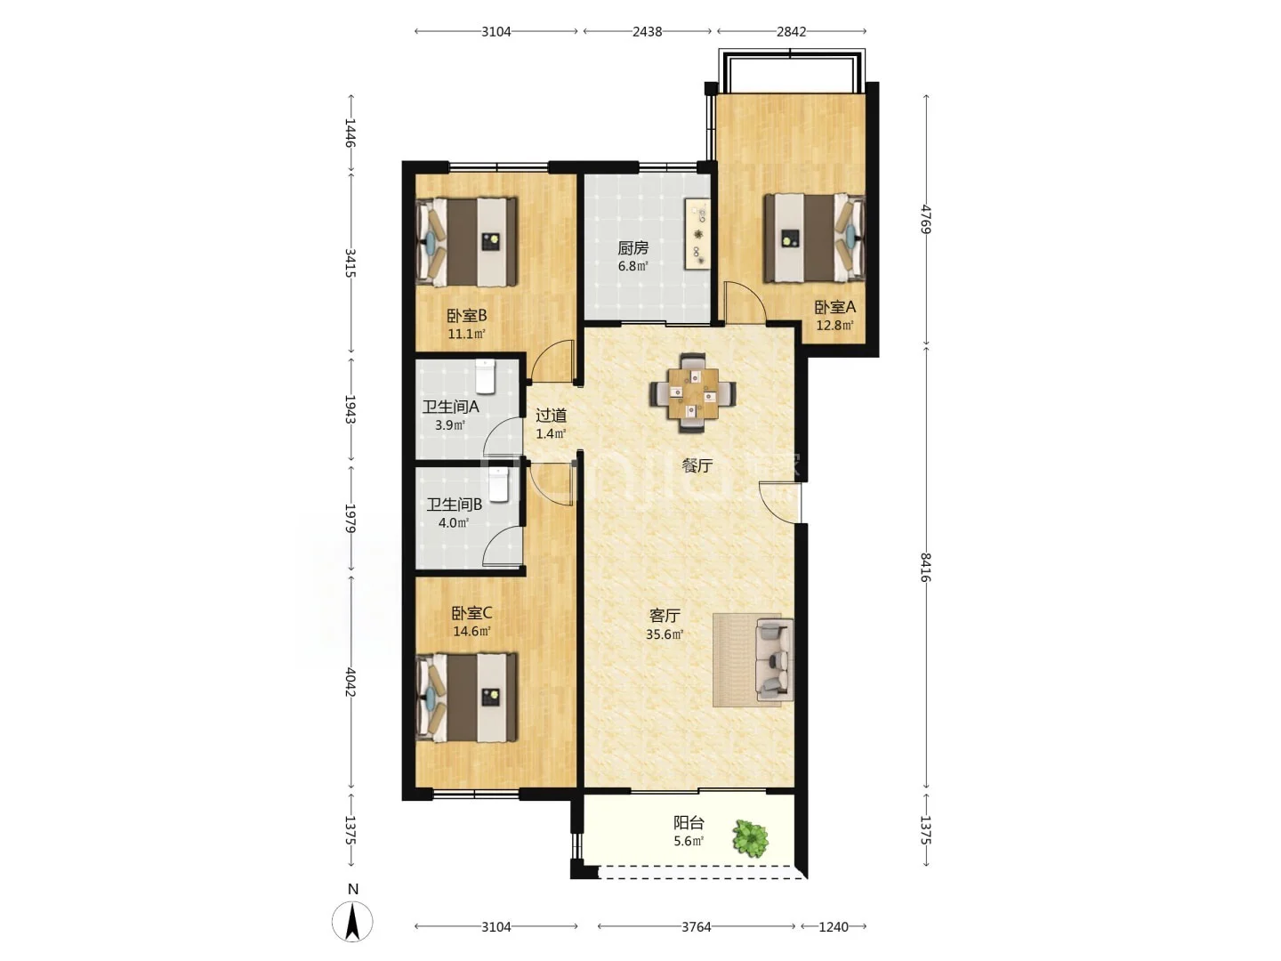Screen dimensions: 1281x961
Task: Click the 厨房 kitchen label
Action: click(x=632, y=248)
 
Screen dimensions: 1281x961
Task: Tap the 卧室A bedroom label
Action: click(x=834, y=307)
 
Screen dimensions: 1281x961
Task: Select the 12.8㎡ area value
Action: click(x=834, y=326)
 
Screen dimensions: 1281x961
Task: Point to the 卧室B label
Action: click(x=467, y=316)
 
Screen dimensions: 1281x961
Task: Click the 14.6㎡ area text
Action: click(x=471, y=632)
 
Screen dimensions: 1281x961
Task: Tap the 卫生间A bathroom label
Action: click(x=450, y=407)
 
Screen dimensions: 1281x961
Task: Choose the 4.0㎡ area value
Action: click(x=454, y=523)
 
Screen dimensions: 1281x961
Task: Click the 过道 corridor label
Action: click(x=551, y=416)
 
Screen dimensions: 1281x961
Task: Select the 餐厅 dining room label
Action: click(x=697, y=465)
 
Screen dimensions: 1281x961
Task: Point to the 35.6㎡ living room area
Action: click(x=665, y=634)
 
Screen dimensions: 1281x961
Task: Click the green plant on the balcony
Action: click(x=751, y=838)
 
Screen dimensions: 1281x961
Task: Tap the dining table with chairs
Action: click(x=693, y=393)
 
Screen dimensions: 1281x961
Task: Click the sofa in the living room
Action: click(x=774, y=660)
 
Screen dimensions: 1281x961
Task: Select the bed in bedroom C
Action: click(x=466, y=698)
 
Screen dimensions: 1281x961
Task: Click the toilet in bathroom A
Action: click(x=485, y=376)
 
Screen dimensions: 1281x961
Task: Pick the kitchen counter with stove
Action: click(x=698, y=235)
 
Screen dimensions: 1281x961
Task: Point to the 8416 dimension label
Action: click(x=925, y=568)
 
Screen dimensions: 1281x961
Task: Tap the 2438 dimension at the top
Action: click(x=648, y=31)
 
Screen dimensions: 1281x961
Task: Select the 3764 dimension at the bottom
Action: click(x=697, y=926)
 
